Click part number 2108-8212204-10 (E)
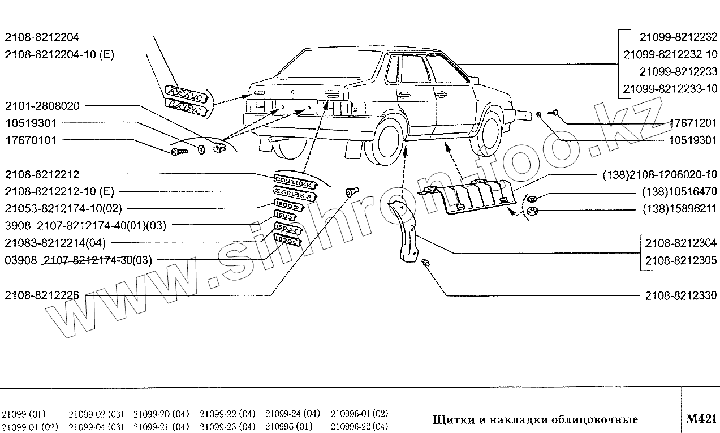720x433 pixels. [x=59, y=54]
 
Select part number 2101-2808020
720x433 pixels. [x=42, y=106]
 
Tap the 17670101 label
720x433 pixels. [x=31, y=140]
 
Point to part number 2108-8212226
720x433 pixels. [x=42, y=295]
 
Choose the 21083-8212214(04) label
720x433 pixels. [x=55, y=242]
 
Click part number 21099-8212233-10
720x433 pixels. [x=670, y=88]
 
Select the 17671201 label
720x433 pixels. [x=693, y=123]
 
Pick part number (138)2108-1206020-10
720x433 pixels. [x=657, y=174]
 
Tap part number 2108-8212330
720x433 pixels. [x=680, y=295]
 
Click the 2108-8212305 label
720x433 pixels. [x=680, y=261]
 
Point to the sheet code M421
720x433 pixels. [x=701, y=419]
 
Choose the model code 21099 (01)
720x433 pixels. [x=24, y=414]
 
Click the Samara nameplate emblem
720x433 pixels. [x=293, y=193]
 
